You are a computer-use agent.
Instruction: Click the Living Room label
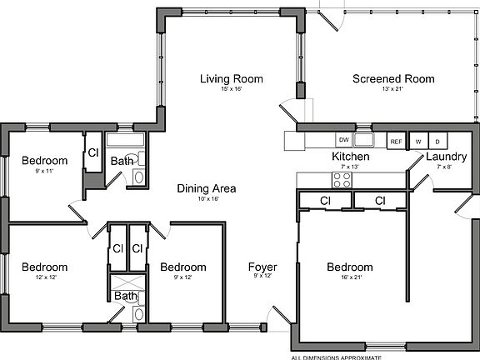[x=231, y=79]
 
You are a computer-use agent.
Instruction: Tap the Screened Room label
[x=393, y=79]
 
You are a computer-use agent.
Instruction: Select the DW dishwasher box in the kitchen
[x=343, y=140]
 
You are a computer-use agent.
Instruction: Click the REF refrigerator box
[x=396, y=141]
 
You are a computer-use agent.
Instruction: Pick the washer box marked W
[x=418, y=141]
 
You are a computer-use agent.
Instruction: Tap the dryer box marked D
[x=437, y=141]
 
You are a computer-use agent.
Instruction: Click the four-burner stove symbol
[x=342, y=178]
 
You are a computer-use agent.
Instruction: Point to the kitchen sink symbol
[x=362, y=139]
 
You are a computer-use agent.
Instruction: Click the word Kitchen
[x=350, y=157]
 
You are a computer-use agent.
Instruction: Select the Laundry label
[x=445, y=157]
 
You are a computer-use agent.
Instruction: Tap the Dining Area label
[x=206, y=188]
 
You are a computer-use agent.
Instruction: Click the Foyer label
[x=262, y=267]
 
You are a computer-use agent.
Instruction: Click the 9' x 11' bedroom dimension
[x=43, y=171]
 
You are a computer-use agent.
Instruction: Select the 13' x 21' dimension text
[x=393, y=89]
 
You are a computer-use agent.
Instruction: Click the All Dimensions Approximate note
[x=336, y=357]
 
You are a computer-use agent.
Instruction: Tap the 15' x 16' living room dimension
[x=231, y=89]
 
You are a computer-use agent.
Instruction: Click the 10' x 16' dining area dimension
[x=206, y=199]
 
